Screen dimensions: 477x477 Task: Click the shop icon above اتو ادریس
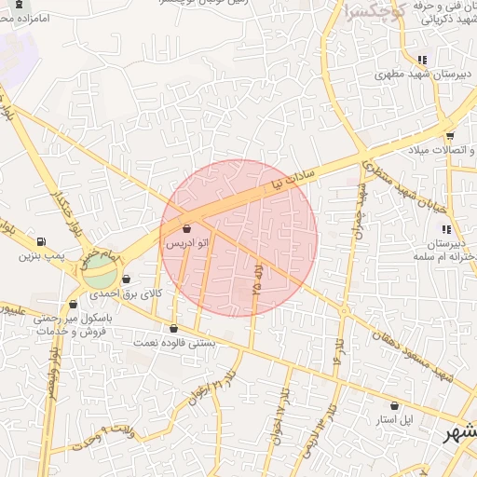coord(187,228)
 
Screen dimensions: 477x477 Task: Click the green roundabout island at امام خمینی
coord(100,274)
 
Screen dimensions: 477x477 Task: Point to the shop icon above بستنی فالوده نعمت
coord(173,328)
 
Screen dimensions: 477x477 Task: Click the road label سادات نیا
coord(290,179)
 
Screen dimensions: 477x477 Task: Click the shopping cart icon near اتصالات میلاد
coord(450,136)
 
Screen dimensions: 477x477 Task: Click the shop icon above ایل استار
coord(395,406)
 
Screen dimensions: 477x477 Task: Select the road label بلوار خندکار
coord(56,187)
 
